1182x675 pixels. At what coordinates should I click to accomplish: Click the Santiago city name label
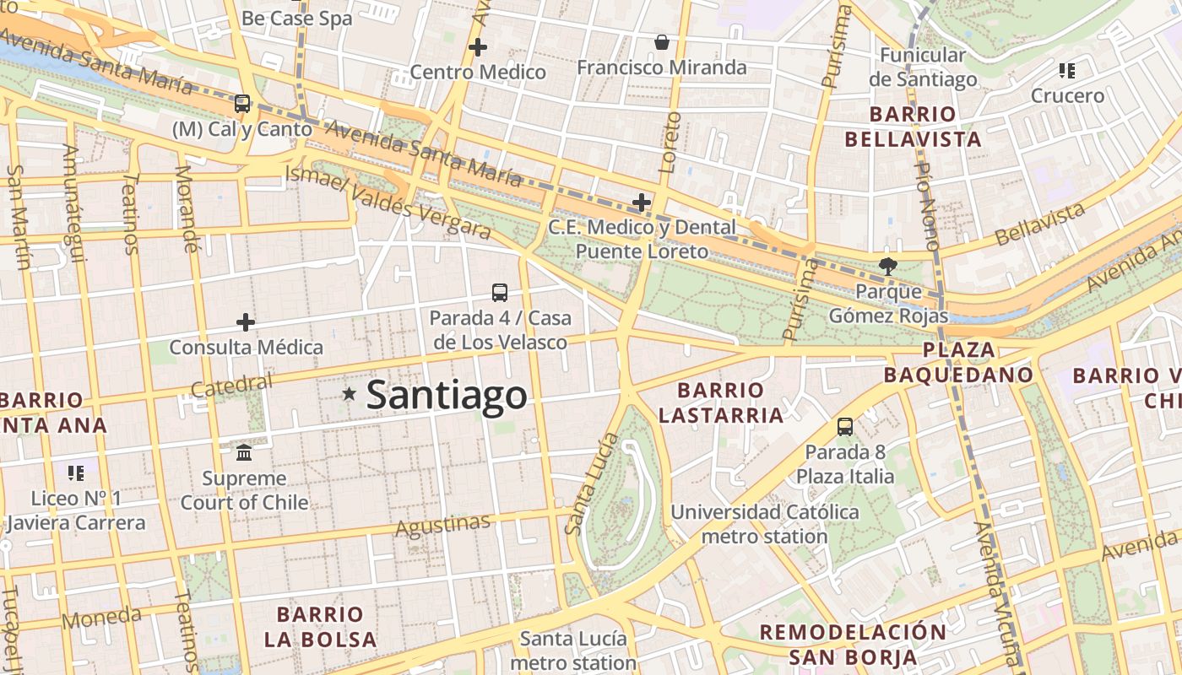click(447, 395)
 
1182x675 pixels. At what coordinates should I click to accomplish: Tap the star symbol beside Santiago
click(349, 394)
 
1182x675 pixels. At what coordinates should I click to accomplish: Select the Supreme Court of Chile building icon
click(244, 453)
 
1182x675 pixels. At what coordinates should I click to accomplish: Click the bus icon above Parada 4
click(500, 293)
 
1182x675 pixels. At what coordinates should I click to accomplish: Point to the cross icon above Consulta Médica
click(246, 322)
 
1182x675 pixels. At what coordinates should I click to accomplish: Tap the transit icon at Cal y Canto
click(242, 104)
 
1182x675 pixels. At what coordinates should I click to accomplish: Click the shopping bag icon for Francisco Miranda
click(662, 42)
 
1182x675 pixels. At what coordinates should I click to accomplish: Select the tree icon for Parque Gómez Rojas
click(887, 267)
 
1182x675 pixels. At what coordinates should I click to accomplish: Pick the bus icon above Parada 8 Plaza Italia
click(845, 427)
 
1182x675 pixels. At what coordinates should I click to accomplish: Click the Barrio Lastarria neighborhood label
click(721, 402)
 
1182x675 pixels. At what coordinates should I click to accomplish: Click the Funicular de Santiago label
click(922, 67)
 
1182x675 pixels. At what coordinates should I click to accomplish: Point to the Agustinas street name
click(443, 525)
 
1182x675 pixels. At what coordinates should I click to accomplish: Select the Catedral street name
click(231, 385)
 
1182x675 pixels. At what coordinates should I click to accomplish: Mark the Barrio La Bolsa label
click(320, 626)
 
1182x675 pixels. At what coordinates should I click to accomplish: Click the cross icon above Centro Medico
click(478, 47)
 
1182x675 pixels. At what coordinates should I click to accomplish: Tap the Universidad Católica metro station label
click(764, 524)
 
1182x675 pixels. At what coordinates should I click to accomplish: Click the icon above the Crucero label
click(1067, 71)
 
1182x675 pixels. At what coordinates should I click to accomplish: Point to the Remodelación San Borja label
click(853, 645)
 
